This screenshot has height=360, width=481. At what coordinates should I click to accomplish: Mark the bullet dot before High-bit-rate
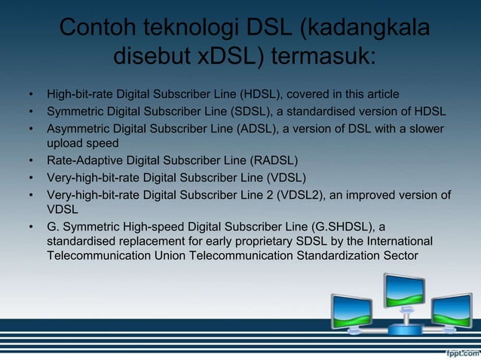pyautogui.click(x=31, y=95)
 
